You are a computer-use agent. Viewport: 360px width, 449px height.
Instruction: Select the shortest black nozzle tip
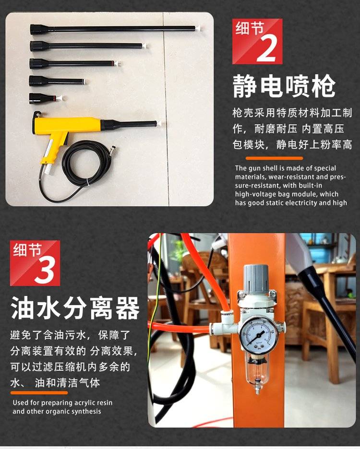[43, 98]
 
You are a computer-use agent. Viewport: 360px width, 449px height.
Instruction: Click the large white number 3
[45, 271]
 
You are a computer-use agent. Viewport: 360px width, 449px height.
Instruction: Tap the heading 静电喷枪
[284, 86]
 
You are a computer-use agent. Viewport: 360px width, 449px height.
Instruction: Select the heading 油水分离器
[75, 308]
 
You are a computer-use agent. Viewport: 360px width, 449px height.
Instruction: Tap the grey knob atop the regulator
[256, 275]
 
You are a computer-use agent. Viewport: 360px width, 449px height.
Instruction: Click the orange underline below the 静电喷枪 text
[274, 158]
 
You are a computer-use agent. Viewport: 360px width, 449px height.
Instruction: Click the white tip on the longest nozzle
[198, 28]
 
